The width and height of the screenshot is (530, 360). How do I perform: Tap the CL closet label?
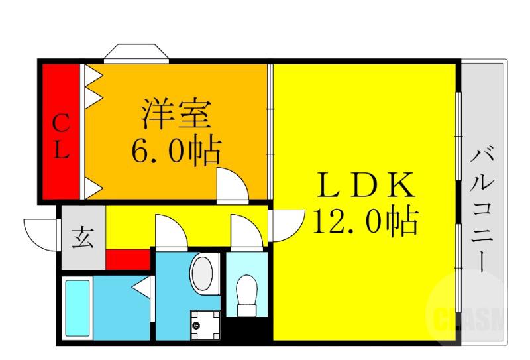60,137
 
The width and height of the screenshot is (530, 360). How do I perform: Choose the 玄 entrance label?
83,237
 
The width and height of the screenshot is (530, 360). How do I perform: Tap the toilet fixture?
246,294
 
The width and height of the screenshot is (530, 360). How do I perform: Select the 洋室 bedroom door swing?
231,184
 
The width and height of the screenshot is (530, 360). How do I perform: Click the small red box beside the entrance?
129,259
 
